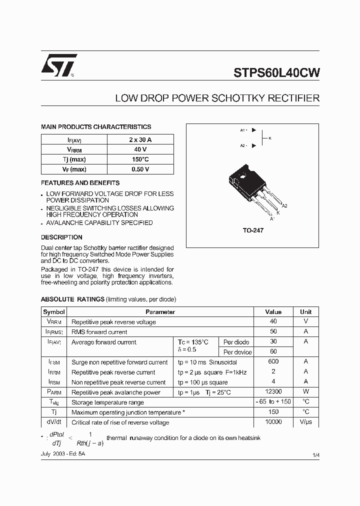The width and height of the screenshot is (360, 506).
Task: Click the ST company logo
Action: (x=59, y=65)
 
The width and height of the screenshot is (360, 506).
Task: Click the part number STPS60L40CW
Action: (x=276, y=72)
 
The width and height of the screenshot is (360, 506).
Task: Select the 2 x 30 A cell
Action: (x=140, y=140)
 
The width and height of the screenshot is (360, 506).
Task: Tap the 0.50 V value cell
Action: (x=140, y=169)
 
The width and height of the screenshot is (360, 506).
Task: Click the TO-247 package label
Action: (x=252, y=230)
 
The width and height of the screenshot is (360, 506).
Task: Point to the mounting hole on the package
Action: (x=243, y=175)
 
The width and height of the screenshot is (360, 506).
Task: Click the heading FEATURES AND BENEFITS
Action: (x=80, y=183)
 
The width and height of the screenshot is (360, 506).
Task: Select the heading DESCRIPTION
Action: (x=61, y=237)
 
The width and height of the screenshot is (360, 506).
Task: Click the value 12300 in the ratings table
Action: (x=273, y=392)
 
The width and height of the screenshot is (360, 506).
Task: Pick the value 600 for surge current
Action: (x=273, y=362)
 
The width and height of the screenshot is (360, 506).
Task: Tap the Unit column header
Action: (x=305, y=311)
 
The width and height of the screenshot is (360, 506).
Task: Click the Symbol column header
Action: (x=54, y=311)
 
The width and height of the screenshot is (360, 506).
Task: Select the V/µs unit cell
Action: (x=305, y=422)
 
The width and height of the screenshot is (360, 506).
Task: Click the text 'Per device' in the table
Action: (x=237, y=352)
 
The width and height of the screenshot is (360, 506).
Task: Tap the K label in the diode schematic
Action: (x=270, y=138)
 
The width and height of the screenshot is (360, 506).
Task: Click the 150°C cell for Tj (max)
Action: (x=140, y=159)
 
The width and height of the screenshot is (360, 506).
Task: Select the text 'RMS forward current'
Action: (x=99, y=332)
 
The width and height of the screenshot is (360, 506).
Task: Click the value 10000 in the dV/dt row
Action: (x=273, y=422)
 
